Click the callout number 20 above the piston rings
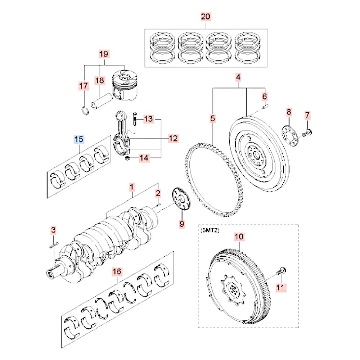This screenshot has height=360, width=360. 206,17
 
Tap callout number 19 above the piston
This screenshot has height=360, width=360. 104,54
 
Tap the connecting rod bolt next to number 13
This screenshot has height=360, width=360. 134,119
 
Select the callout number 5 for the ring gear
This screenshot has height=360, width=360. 213,118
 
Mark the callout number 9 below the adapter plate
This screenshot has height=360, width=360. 181,224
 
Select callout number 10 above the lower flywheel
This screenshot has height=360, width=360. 239,237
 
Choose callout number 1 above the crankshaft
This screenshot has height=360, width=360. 132,187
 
